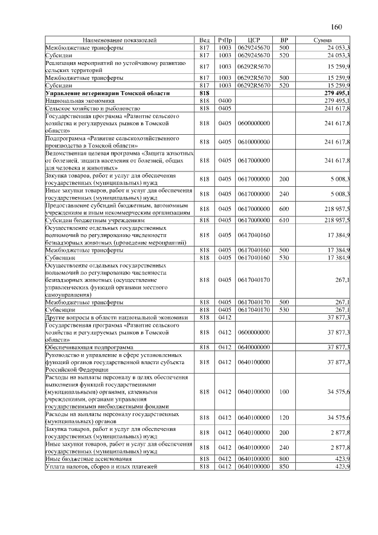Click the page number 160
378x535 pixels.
[x=337, y=27]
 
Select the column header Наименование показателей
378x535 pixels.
[x=120, y=40]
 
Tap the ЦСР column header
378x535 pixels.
[x=254, y=40]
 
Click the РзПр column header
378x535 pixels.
[x=224, y=40]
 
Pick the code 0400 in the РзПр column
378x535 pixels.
[x=224, y=101]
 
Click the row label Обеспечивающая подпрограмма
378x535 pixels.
[x=89, y=347]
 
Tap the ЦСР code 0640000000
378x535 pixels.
[x=254, y=347]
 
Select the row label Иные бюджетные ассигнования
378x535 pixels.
[x=89, y=459]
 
